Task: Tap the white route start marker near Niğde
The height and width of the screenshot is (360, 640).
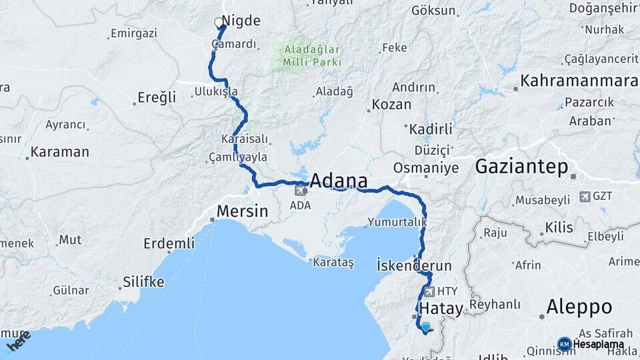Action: pyautogui.click(x=219, y=23)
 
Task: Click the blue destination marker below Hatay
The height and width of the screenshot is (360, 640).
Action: pyautogui.click(x=425, y=327)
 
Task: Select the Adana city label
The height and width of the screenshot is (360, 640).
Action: pyautogui.click(x=339, y=181)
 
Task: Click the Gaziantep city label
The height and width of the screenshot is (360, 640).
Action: pyautogui.click(x=521, y=167)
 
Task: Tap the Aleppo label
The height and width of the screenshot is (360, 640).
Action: pyautogui.click(x=579, y=307)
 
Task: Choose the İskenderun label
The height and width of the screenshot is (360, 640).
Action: pyautogui.click(x=414, y=265)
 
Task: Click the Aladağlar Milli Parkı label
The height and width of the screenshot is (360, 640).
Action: pyautogui.click(x=312, y=55)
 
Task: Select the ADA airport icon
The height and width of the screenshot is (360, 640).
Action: pyautogui.click(x=300, y=191)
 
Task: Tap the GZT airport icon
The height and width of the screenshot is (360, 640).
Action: pyautogui.click(x=585, y=196)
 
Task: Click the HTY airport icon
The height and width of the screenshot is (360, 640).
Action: pyautogui.click(x=428, y=291)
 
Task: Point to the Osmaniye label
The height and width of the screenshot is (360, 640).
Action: pyautogui.click(x=426, y=167)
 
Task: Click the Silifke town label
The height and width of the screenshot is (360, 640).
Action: pyautogui.click(x=142, y=282)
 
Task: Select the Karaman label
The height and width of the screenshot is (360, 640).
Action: pyautogui.click(x=59, y=152)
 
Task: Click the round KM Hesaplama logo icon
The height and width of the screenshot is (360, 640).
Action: pyautogui.click(x=564, y=344)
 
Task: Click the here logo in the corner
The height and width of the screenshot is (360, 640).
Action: pyautogui.click(x=19, y=341)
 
